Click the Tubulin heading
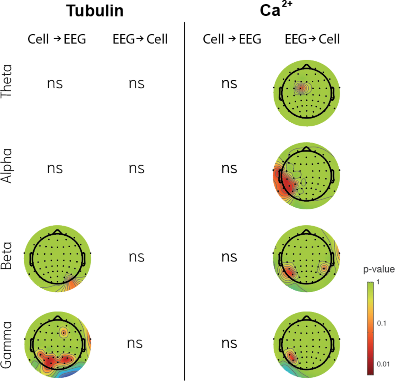click(x=95, y=11)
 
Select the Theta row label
click(x=7, y=81)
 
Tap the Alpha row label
click(x=7, y=166)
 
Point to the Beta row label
click(x=7, y=256)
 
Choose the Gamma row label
click(x=7, y=344)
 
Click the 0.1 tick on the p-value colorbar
click(x=382, y=323)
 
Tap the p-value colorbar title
click(x=379, y=270)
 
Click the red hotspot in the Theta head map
click(x=300, y=88)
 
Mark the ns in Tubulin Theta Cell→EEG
click(x=55, y=83)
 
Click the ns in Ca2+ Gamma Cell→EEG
click(x=229, y=343)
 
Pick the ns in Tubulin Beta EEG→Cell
click(x=136, y=257)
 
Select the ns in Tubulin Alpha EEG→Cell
click(x=136, y=168)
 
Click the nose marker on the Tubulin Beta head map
click(x=58, y=231)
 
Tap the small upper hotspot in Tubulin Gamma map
click(x=63, y=333)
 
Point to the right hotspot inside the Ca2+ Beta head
click(x=324, y=268)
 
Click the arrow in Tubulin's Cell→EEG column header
click(x=57, y=39)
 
